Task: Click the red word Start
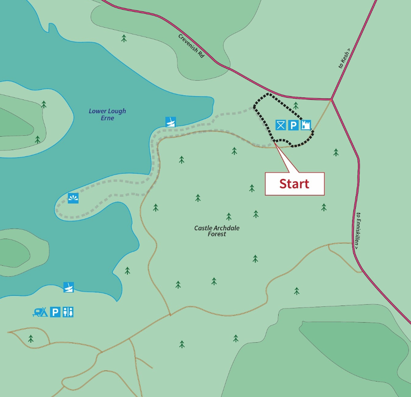click(294, 184)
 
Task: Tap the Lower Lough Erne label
click(107, 115)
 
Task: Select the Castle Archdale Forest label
click(217, 231)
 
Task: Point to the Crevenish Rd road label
click(191, 46)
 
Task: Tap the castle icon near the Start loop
click(306, 125)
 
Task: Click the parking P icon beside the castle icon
click(294, 125)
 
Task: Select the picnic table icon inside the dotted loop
click(281, 125)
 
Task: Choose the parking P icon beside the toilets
click(55, 312)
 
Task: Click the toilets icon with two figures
click(68, 312)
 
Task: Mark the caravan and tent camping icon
click(40, 312)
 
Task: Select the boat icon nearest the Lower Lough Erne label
click(170, 122)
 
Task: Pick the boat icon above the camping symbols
click(68, 287)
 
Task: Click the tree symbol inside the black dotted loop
click(296, 105)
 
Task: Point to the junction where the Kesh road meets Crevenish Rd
click(331, 99)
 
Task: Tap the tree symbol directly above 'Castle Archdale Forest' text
click(229, 216)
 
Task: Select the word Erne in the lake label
click(107, 118)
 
